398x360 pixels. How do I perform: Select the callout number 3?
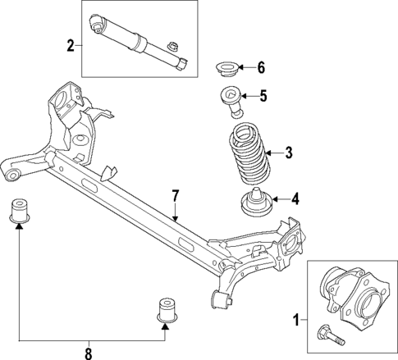[x=288, y=152]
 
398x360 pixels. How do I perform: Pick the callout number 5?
[x=263, y=96]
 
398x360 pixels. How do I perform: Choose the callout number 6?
[x=261, y=66]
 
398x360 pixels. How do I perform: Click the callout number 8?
[x=89, y=353]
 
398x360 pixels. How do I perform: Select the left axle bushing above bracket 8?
[x=19, y=210]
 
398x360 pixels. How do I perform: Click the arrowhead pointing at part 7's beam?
[x=175, y=217]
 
